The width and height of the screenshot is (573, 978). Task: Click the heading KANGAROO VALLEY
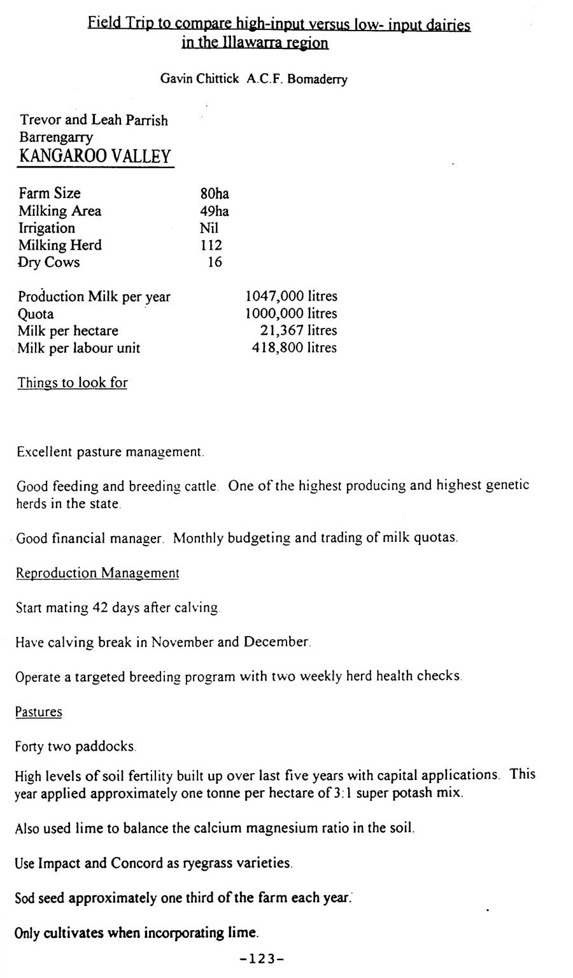click(x=95, y=156)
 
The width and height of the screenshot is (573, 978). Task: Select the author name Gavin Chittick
click(x=199, y=79)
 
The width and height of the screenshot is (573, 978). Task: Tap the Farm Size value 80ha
click(x=214, y=194)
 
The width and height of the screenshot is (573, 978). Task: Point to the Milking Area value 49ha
click(x=214, y=211)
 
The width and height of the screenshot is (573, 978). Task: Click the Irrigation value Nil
click(x=208, y=228)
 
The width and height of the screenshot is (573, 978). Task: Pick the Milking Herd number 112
click(x=211, y=245)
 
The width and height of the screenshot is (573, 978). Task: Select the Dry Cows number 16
click(x=215, y=262)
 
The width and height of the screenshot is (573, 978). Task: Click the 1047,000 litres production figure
click(x=291, y=296)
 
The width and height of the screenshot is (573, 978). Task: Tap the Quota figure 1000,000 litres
click(x=291, y=313)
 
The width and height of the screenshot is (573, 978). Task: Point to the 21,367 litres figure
click(x=299, y=330)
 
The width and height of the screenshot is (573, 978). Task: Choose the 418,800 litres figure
click(x=294, y=348)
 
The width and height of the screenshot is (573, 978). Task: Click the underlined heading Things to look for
click(x=73, y=383)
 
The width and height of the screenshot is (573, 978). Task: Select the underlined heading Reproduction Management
click(x=97, y=573)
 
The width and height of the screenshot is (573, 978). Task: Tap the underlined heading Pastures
click(x=39, y=712)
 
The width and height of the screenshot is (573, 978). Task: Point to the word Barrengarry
click(x=56, y=138)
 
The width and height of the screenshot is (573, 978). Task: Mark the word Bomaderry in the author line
click(x=317, y=80)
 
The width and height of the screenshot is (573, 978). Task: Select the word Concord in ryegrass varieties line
click(x=137, y=863)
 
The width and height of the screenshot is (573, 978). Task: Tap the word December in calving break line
click(x=277, y=642)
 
